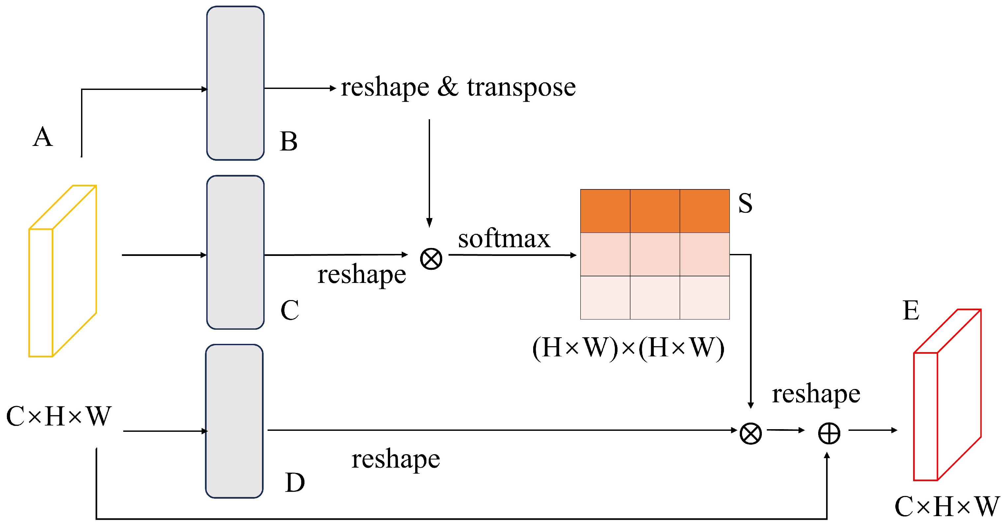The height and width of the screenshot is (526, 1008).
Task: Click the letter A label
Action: [42, 137]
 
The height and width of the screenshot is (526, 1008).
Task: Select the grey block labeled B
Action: [235, 83]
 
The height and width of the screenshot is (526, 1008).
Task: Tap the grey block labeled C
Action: [235, 252]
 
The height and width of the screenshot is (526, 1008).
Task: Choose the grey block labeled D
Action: [234, 421]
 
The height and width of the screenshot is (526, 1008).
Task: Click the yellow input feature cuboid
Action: [63, 271]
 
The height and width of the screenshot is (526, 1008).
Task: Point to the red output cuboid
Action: [947, 395]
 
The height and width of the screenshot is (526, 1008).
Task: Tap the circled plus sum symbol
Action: [829, 434]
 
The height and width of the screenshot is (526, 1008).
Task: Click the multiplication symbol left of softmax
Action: [431, 259]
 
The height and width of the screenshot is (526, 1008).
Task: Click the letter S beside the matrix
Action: [745, 203]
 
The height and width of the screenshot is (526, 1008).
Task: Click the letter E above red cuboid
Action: [910, 311]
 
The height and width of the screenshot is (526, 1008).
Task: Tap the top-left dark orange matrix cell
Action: [605, 211]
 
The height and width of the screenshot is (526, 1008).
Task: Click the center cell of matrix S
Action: [655, 255]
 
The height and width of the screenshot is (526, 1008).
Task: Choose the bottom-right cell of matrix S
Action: [705, 298]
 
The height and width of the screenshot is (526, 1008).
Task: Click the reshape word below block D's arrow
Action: [395, 459]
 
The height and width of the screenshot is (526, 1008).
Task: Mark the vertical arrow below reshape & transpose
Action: [429, 172]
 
